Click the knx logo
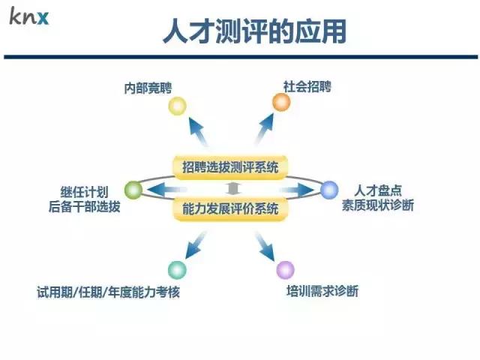tap(29, 16)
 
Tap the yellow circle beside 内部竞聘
tap(177, 106)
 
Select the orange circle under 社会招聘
tap(281, 102)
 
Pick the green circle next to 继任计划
tap(133, 190)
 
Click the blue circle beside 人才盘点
tap(329, 190)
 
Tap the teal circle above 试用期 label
tap(177, 269)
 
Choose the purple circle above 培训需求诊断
tap(285, 269)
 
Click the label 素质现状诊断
tap(378, 205)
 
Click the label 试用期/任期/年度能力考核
tap(109, 292)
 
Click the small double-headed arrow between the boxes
tap(232, 187)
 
